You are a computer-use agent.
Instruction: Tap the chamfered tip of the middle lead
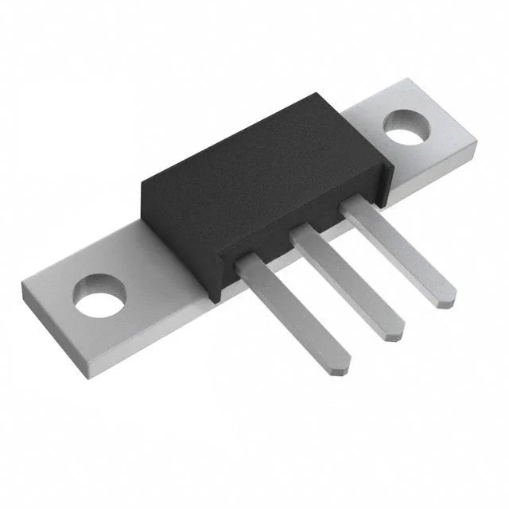click(x=393, y=332)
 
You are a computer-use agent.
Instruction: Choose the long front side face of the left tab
click(x=159, y=350)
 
